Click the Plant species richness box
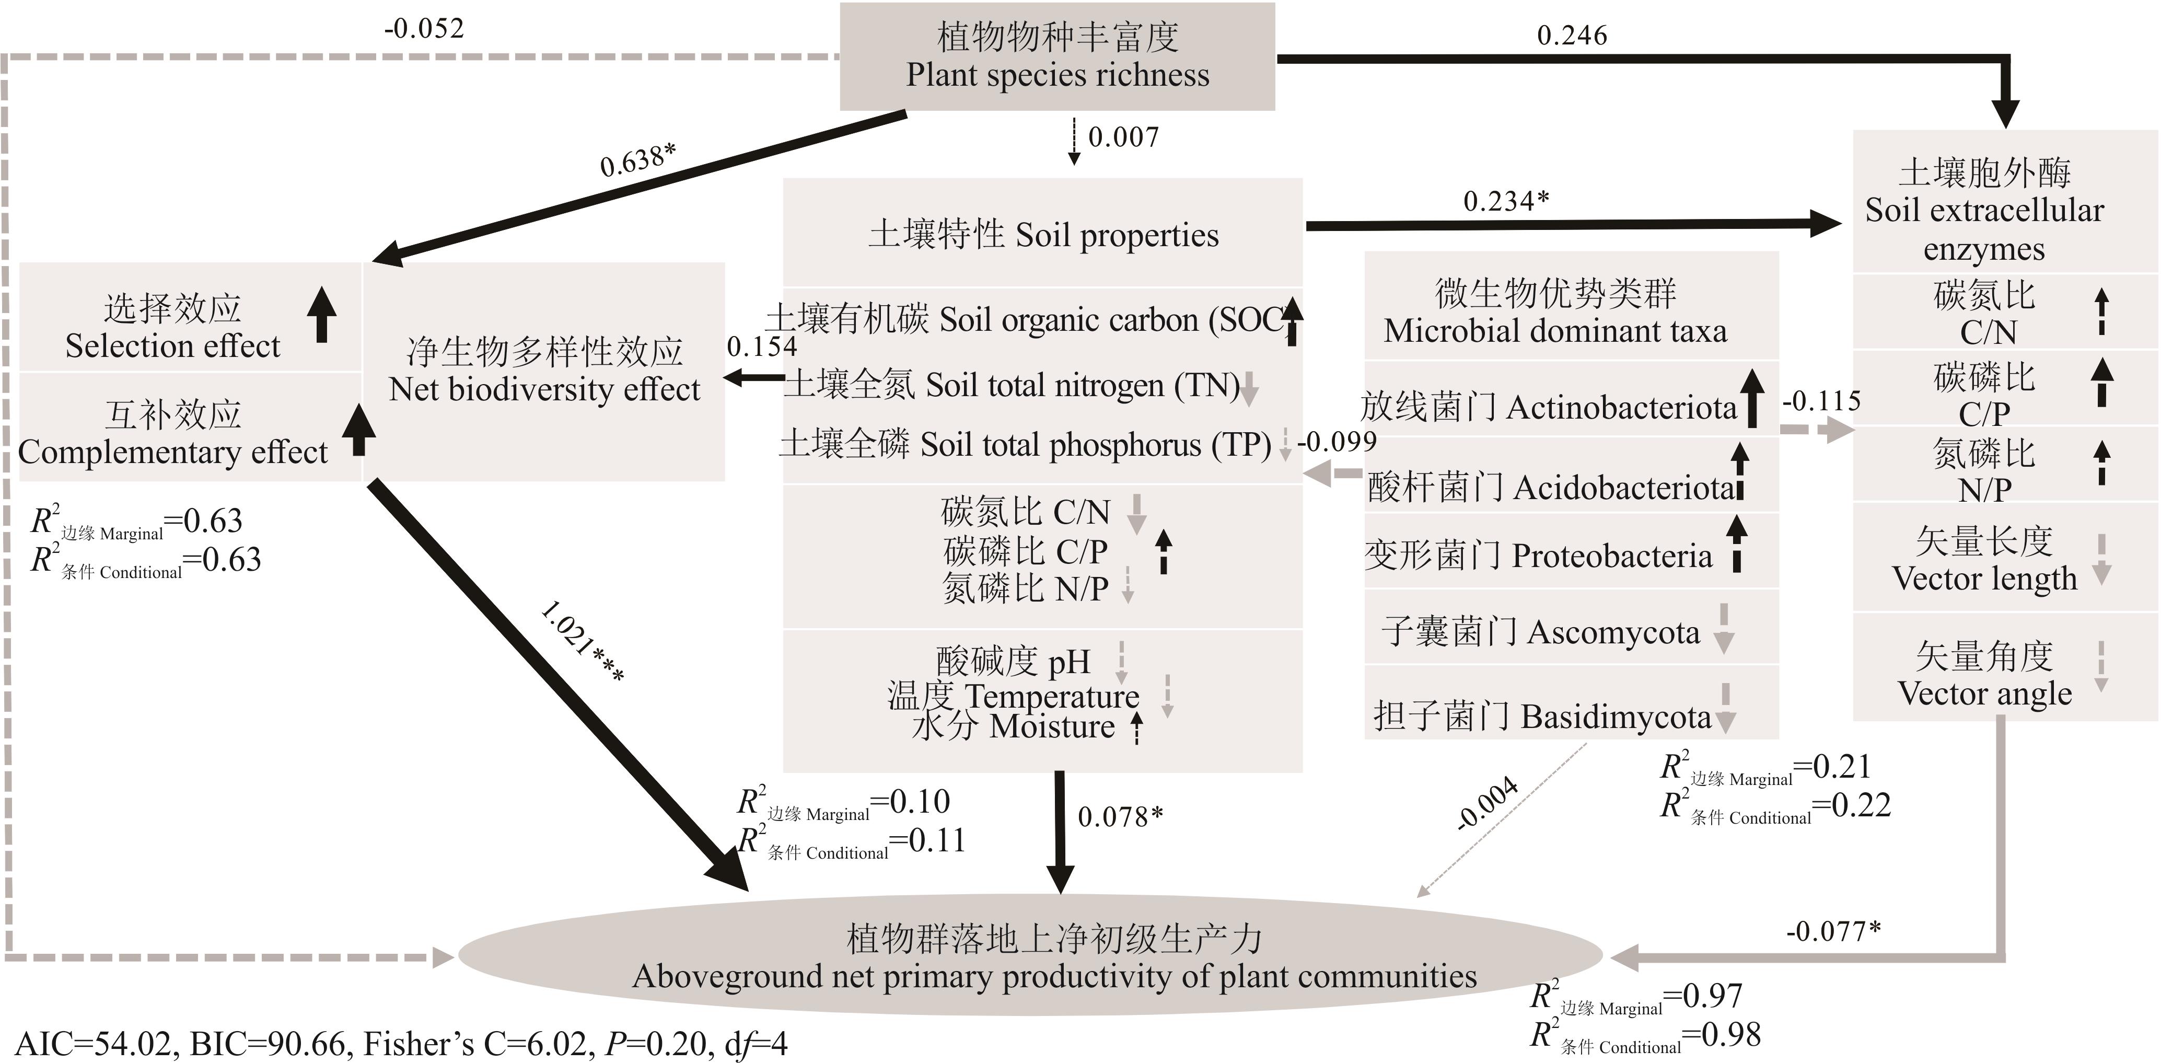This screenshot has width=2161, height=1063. pyautogui.click(x=1057, y=56)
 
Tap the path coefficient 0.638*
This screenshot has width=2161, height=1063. pyautogui.click(x=637, y=159)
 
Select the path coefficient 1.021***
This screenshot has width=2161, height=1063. pyautogui.click(x=582, y=642)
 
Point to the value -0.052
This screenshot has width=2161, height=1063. pyautogui.click(x=424, y=29)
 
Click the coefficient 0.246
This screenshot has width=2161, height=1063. pyautogui.click(x=1571, y=35)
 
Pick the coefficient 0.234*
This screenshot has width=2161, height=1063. pyautogui.click(x=1506, y=201)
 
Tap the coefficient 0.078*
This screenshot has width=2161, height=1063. pyautogui.click(x=1120, y=816)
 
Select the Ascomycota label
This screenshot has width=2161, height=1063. pyautogui.click(x=1612, y=632)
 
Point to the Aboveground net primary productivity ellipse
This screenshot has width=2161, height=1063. pyautogui.click(x=1030, y=956)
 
